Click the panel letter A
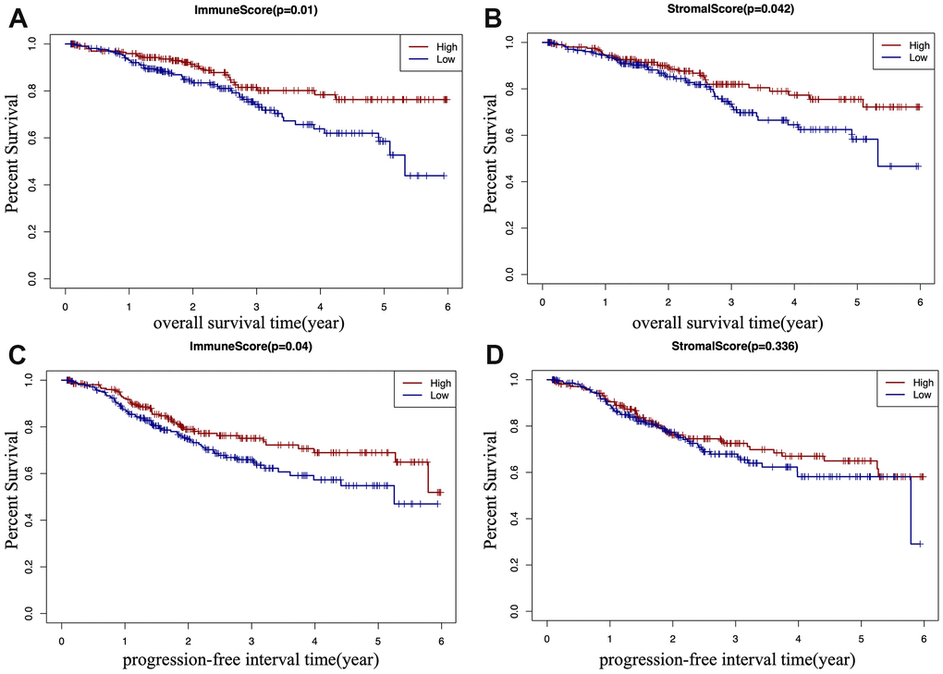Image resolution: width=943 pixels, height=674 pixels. click(17, 18)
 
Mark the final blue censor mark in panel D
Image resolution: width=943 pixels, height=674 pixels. click(920, 545)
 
